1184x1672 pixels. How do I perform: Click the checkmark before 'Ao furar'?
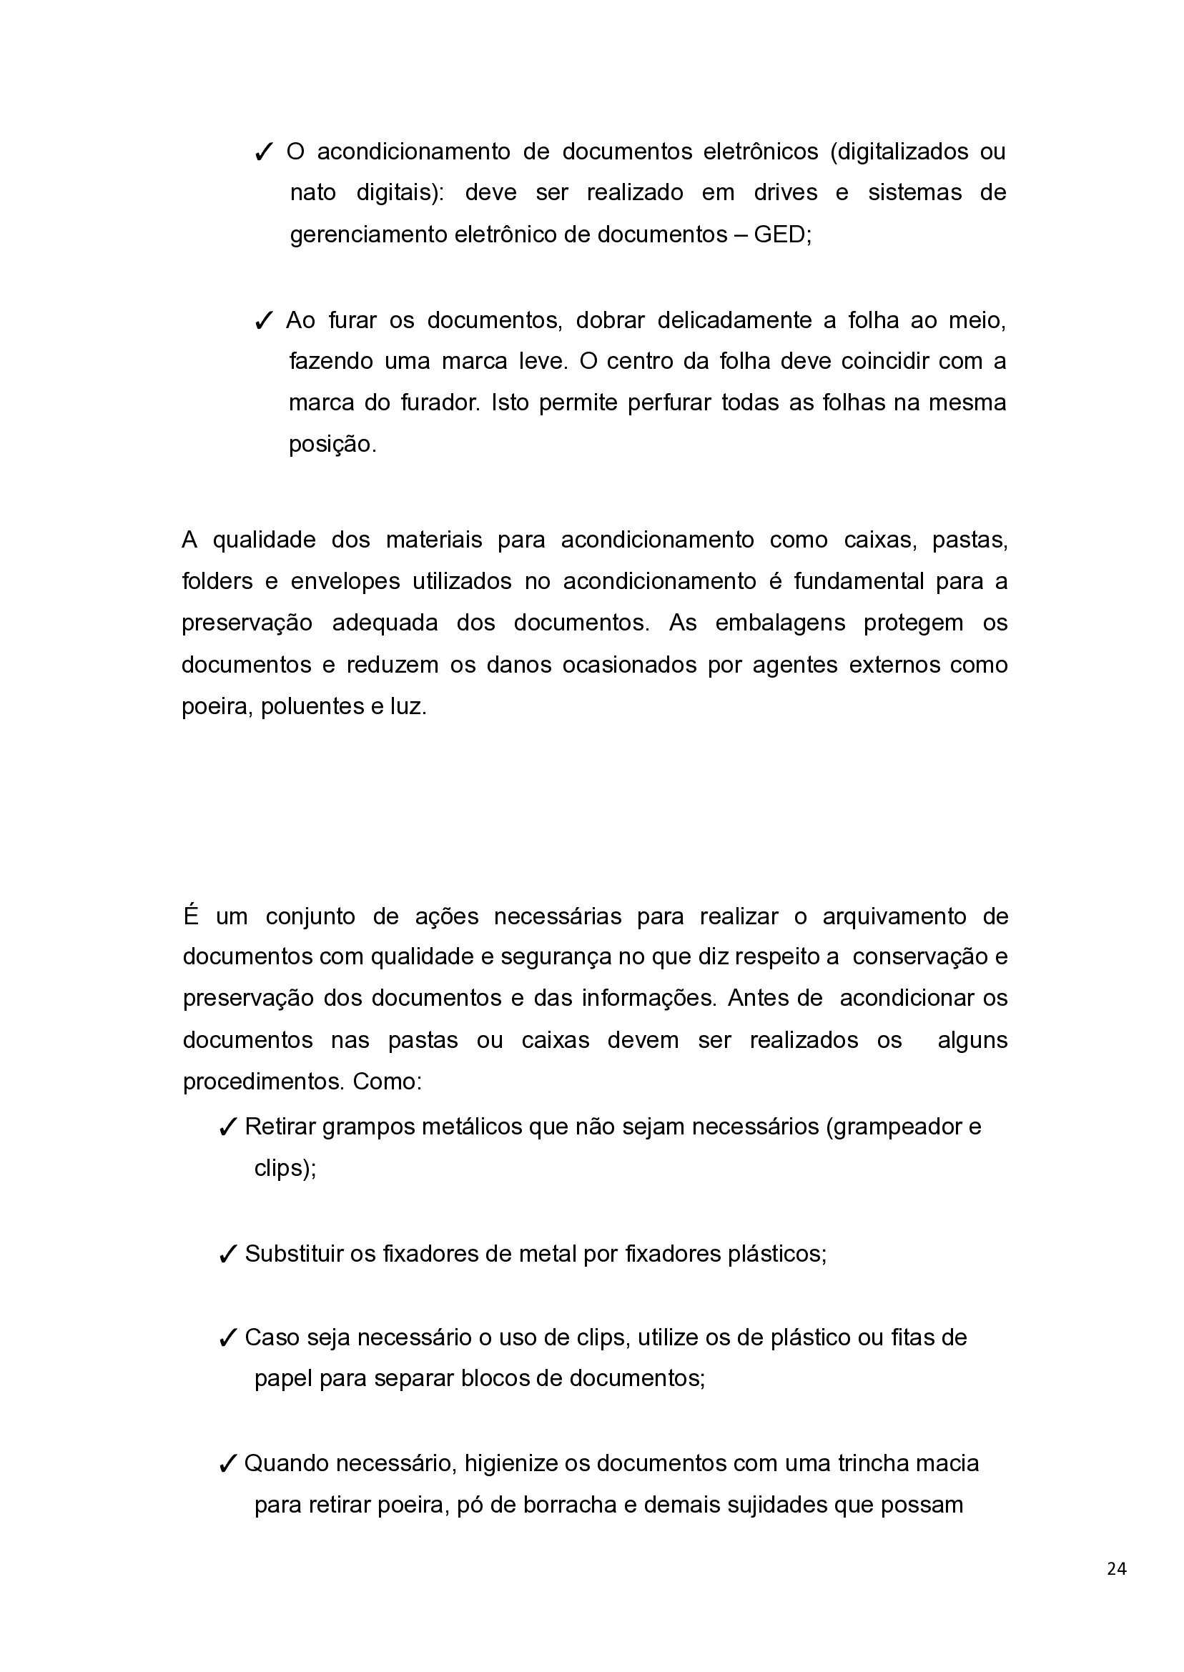263,321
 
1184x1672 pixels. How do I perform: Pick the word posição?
332,444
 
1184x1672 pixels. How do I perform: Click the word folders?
217,581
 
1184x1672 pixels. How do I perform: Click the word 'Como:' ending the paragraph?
387,1081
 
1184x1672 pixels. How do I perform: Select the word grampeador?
894,1127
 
